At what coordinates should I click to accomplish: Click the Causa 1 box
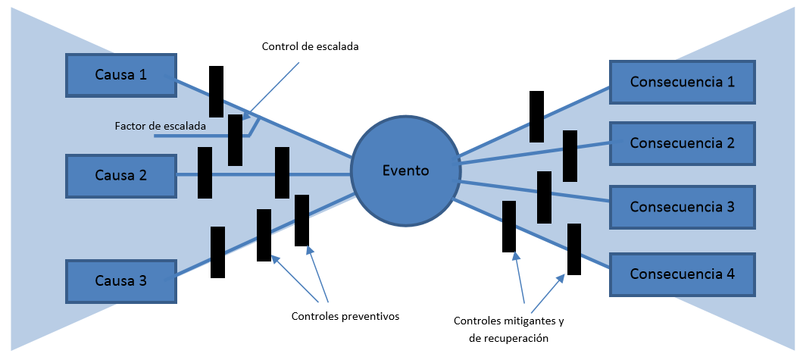click(121, 75)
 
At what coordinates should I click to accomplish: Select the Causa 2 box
click(121, 176)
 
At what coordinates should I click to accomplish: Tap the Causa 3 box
click(121, 280)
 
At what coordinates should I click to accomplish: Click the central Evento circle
click(405, 171)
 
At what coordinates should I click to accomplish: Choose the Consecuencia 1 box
click(683, 82)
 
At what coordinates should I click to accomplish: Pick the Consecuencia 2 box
click(683, 142)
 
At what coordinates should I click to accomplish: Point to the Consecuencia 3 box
click(683, 206)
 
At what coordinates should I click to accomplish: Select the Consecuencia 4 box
click(683, 274)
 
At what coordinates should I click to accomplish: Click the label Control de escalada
click(310, 46)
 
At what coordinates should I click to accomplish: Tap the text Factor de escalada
click(161, 126)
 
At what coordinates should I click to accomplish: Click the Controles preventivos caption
click(345, 315)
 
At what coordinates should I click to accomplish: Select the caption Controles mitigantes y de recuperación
click(509, 329)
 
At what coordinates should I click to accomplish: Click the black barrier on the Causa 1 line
click(217, 91)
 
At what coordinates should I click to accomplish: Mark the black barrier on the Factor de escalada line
click(235, 139)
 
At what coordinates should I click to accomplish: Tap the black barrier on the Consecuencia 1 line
click(536, 116)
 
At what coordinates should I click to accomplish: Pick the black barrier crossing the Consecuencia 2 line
click(570, 155)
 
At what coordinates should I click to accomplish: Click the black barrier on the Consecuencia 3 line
click(544, 197)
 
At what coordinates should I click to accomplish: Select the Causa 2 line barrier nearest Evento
click(282, 173)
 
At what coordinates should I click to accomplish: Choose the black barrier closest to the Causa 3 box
click(217, 252)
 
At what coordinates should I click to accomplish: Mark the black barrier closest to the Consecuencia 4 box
click(574, 249)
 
